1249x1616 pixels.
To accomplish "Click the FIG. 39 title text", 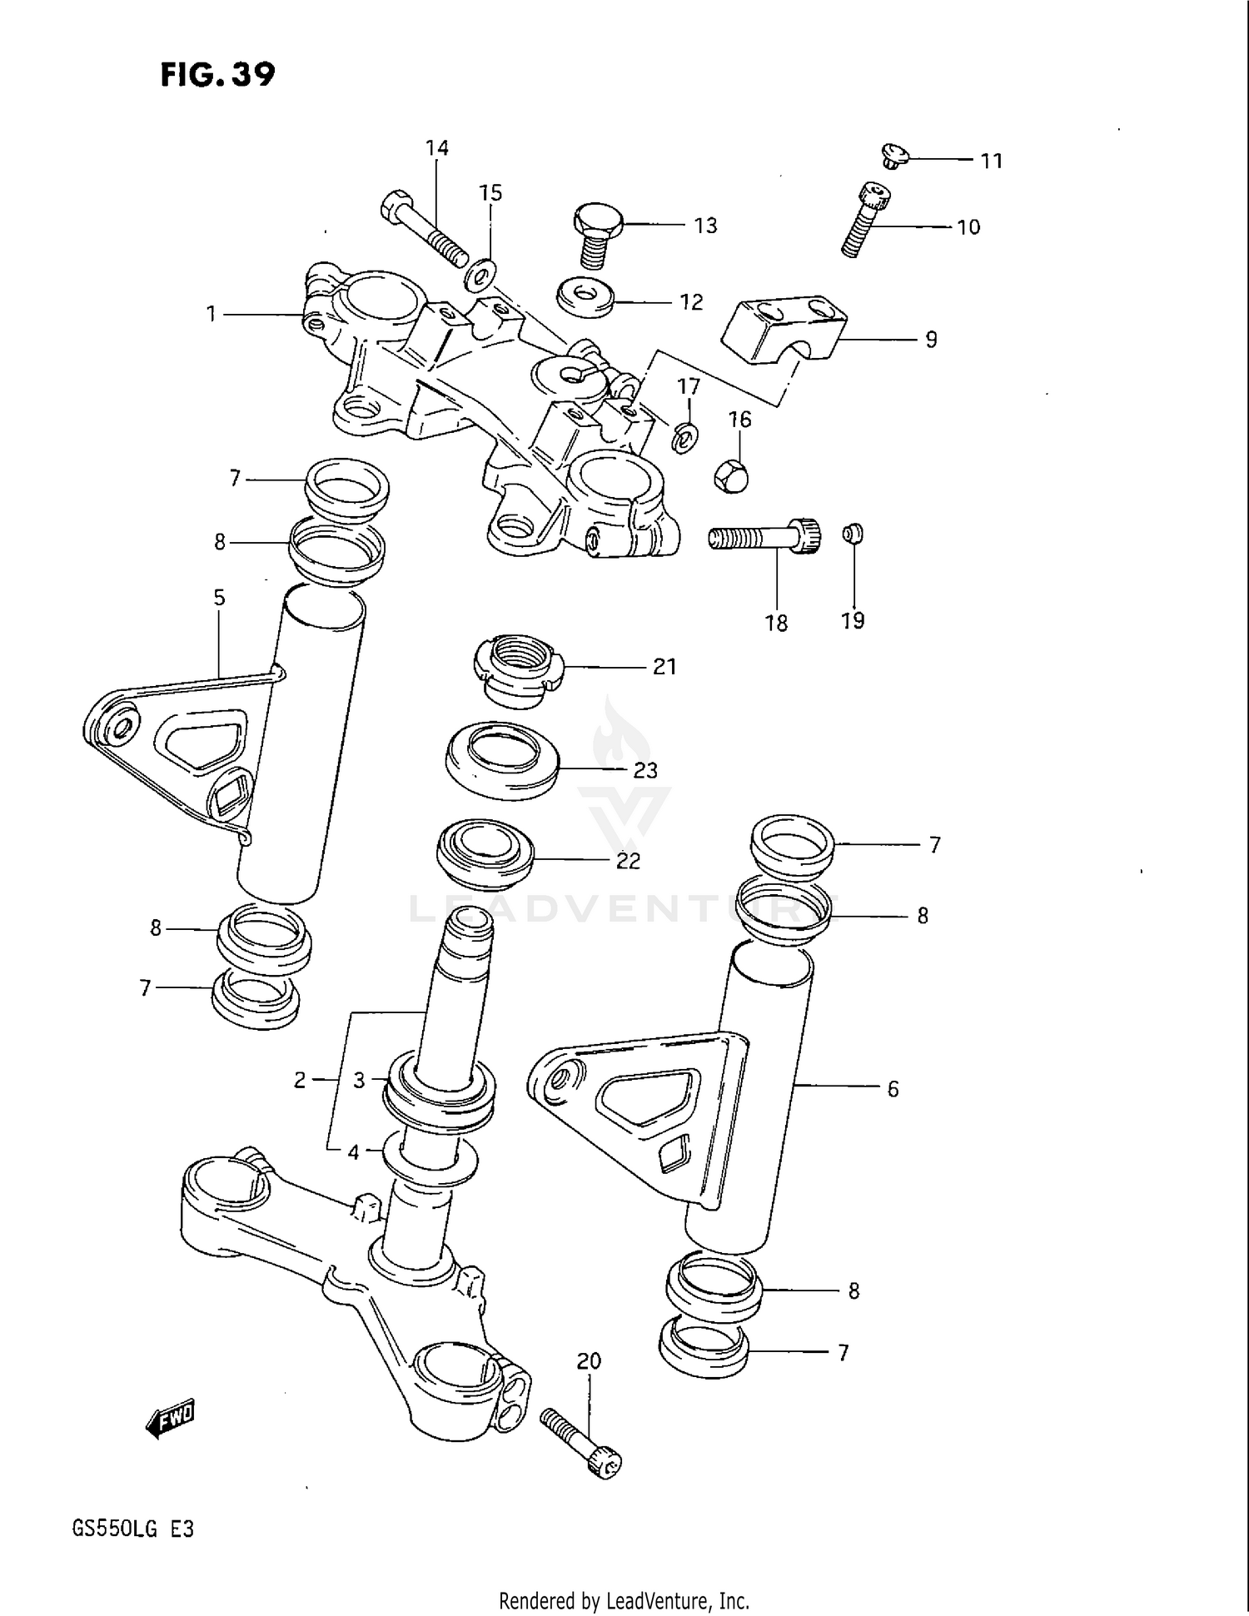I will (x=217, y=75).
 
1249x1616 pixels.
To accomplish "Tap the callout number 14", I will (x=436, y=148).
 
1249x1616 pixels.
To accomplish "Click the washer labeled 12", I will (x=585, y=297).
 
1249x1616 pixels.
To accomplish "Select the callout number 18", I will (x=776, y=623).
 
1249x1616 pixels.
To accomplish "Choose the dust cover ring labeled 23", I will (x=502, y=760).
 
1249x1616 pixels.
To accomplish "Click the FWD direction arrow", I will (x=172, y=1416).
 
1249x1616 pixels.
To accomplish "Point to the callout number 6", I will (x=893, y=1089).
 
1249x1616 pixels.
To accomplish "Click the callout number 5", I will (x=219, y=598).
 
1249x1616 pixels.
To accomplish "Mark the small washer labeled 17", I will (x=685, y=436).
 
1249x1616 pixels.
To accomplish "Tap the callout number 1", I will (x=211, y=314).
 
